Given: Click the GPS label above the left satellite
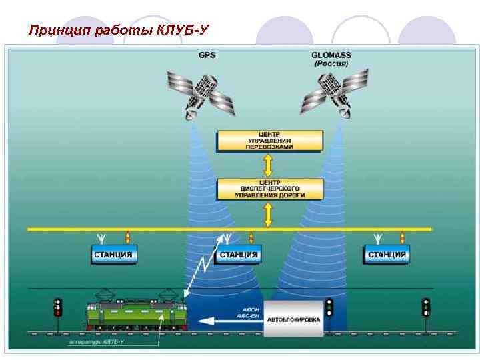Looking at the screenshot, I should [x=207, y=55].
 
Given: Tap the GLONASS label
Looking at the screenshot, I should [x=331, y=55].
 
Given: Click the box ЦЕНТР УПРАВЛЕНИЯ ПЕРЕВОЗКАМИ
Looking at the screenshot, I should [x=269, y=141].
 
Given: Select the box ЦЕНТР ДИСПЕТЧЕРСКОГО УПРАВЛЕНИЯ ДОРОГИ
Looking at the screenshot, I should [x=269, y=189].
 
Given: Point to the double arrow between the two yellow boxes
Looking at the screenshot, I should [x=269, y=165].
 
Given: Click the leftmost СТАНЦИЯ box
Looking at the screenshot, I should [x=113, y=254].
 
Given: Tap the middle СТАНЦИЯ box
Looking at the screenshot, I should [x=238, y=254].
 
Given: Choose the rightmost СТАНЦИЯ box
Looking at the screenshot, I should [x=387, y=254].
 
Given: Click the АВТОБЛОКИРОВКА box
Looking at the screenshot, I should [x=293, y=319].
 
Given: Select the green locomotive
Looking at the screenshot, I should [x=136, y=313].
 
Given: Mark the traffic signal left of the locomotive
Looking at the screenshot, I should [x=58, y=307].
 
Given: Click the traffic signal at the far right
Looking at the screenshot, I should [x=426, y=307].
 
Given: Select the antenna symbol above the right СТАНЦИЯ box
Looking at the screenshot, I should [x=377, y=237].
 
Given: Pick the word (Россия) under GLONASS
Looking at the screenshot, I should [x=331, y=64].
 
